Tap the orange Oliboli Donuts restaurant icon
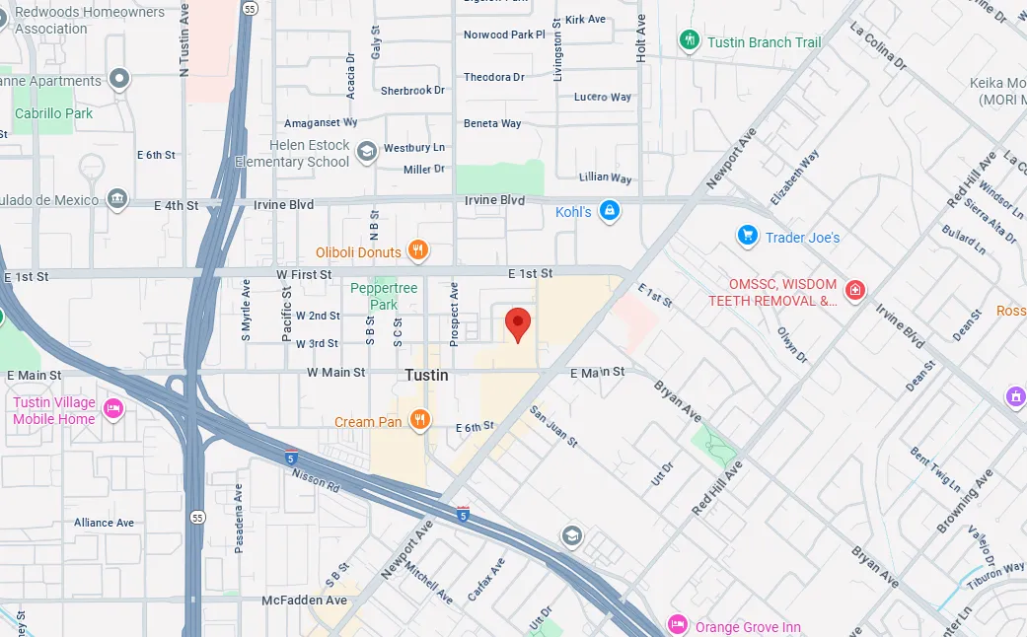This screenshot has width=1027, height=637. (x=418, y=251)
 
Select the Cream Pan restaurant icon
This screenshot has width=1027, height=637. (x=420, y=421)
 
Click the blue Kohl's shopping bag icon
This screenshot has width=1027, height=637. (x=610, y=211)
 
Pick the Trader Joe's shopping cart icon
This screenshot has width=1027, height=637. (x=747, y=237)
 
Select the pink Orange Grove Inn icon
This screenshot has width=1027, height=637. (x=677, y=625)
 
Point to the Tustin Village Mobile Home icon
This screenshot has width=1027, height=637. (x=112, y=409)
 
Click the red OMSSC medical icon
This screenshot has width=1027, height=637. (x=855, y=291)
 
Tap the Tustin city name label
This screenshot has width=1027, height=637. (x=426, y=376)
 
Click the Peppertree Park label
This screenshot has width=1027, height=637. (x=385, y=296)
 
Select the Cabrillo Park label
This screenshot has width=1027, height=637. (x=53, y=113)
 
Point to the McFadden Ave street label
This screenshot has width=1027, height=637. (x=305, y=600)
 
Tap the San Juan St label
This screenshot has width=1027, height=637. (x=553, y=426)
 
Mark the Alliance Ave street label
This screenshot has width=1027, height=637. (x=104, y=523)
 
